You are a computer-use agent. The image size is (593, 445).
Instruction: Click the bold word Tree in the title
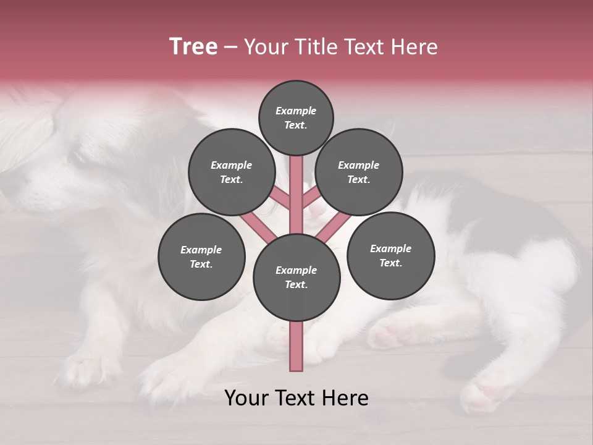(x=193, y=47)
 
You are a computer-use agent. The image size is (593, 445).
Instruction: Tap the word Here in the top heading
(x=415, y=47)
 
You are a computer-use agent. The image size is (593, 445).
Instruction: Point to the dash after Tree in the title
(x=230, y=48)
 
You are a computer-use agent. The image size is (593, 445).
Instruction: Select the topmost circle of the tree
(x=296, y=117)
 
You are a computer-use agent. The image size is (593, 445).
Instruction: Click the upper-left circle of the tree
(x=231, y=172)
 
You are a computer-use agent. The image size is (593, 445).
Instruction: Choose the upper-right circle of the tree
(x=359, y=172)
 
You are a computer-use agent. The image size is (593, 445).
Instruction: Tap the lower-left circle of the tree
(x=201, y=256)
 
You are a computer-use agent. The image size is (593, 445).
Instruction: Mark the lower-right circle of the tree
(x=390, y=255)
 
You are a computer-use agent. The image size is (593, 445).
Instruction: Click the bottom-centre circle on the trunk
(x=296, y=277)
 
